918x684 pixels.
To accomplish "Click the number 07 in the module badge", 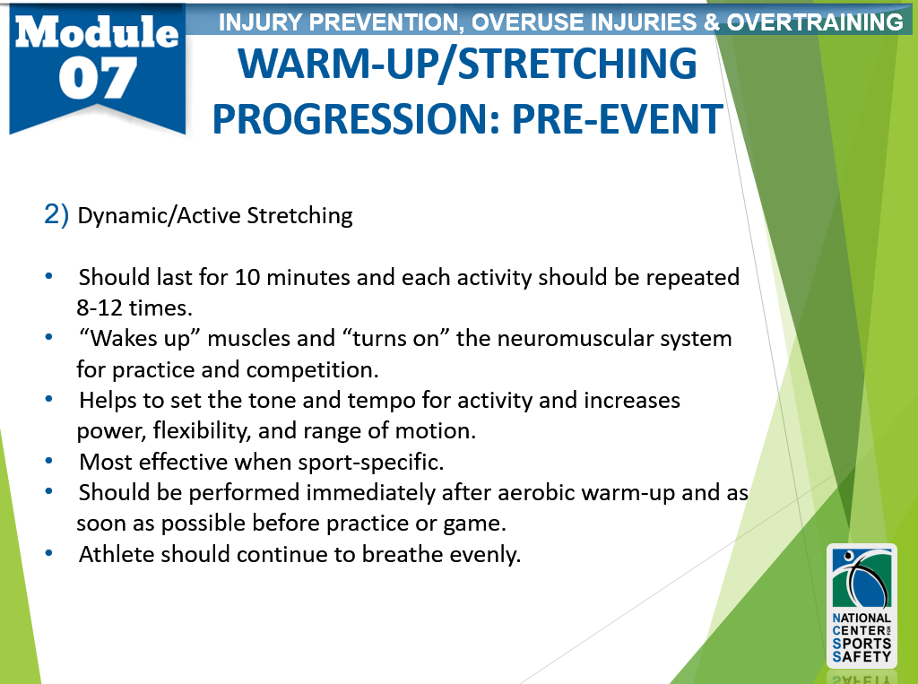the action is coord(97,78).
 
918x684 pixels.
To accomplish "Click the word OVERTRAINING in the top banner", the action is coord(815,22).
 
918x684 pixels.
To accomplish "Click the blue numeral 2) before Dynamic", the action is coord(56,214).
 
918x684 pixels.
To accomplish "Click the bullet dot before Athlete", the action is coord(49,553).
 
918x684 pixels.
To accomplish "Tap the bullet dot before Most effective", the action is coord(49,461).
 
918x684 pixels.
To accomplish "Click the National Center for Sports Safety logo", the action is coord(862,605).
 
